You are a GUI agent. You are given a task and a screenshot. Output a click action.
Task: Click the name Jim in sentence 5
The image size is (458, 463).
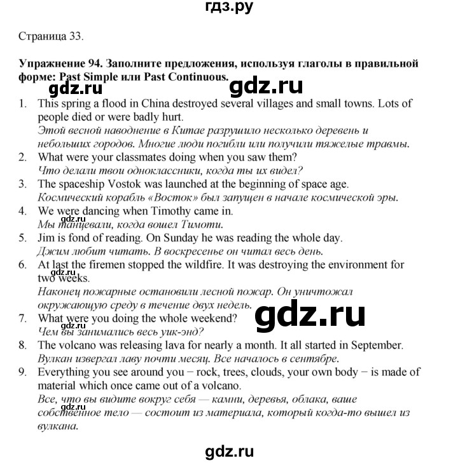coord(46,239)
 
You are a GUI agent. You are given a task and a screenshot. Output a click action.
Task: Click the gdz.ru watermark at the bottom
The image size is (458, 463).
coord(229,451)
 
